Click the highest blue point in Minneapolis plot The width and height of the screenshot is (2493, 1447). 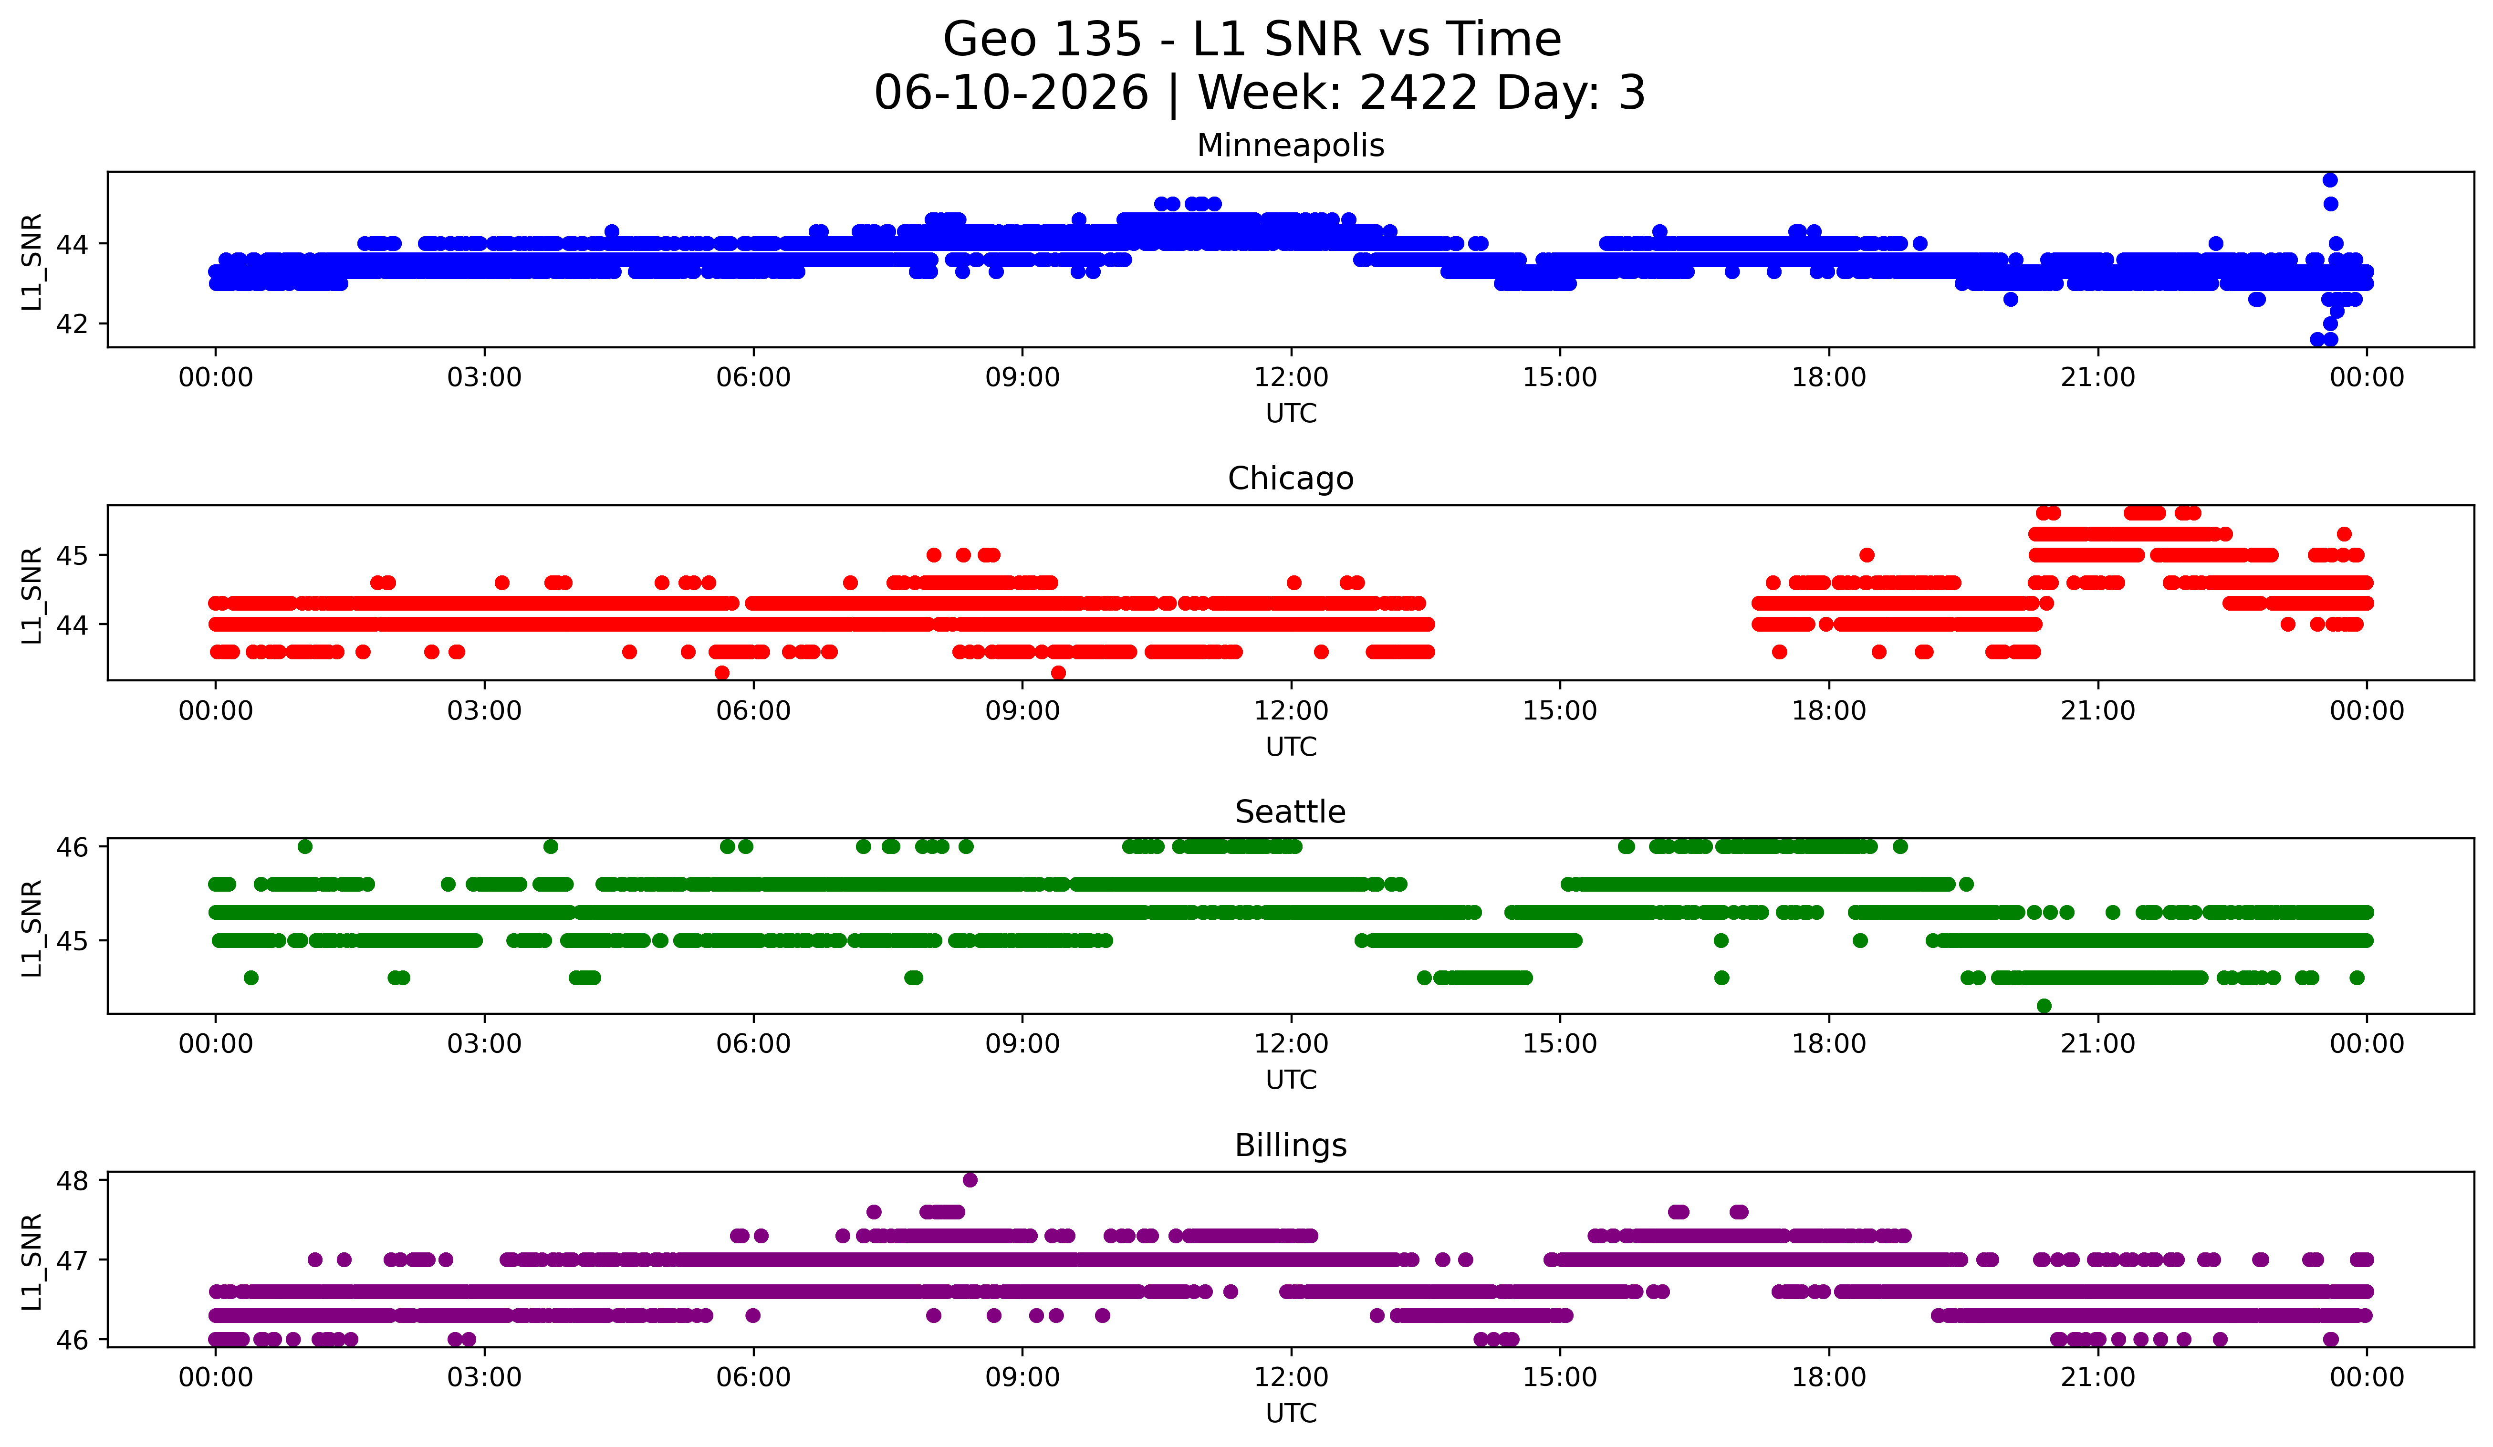click(2330, 180)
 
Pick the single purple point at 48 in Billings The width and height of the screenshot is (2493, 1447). click(970, 1180)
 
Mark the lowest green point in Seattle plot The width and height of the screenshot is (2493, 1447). click(2044, 1006)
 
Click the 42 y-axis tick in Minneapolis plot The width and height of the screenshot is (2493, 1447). click(71, 324)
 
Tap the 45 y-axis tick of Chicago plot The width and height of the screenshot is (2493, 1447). click(71, 556)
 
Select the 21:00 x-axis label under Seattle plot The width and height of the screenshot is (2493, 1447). click(2097, 1044)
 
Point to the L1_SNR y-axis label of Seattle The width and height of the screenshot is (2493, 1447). click(31, 928)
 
